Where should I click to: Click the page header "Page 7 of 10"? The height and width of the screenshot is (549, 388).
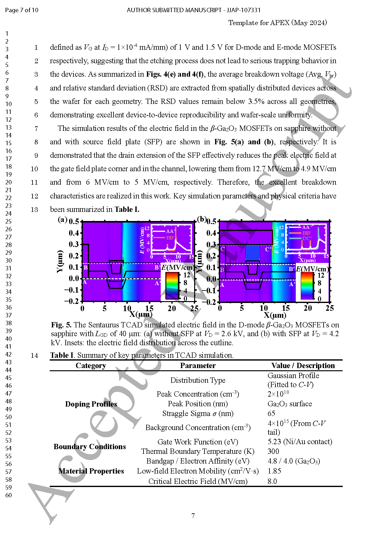coord(22,10)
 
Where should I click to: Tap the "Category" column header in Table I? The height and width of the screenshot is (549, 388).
coord(91,366)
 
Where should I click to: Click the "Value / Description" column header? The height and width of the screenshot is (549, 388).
coord(303,366)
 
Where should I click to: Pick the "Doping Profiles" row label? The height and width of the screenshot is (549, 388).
coord(91,404)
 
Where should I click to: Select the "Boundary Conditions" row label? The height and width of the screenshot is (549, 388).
coord(90,447)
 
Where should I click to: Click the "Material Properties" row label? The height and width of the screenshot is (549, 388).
coord(91,471)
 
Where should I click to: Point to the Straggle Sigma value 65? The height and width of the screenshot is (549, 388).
coord(271,413)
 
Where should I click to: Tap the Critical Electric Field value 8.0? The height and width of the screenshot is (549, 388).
coord(272,481)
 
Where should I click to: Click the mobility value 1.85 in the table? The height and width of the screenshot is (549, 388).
coord(274,471)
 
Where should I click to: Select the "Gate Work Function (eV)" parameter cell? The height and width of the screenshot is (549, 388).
coord(198,442)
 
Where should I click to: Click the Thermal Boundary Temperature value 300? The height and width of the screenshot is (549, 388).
coord(273,451)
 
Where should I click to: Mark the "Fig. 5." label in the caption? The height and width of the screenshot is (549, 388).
coord(61,325)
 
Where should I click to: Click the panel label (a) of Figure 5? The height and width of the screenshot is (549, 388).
coord(63,219)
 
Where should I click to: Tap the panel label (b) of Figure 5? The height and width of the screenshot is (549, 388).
coord(202,219)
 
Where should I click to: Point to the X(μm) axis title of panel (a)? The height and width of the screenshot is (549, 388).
coord(141,314)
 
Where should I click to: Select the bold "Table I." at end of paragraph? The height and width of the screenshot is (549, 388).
coord(127,209)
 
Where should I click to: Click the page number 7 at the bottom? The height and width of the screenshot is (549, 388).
coord(193,516)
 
